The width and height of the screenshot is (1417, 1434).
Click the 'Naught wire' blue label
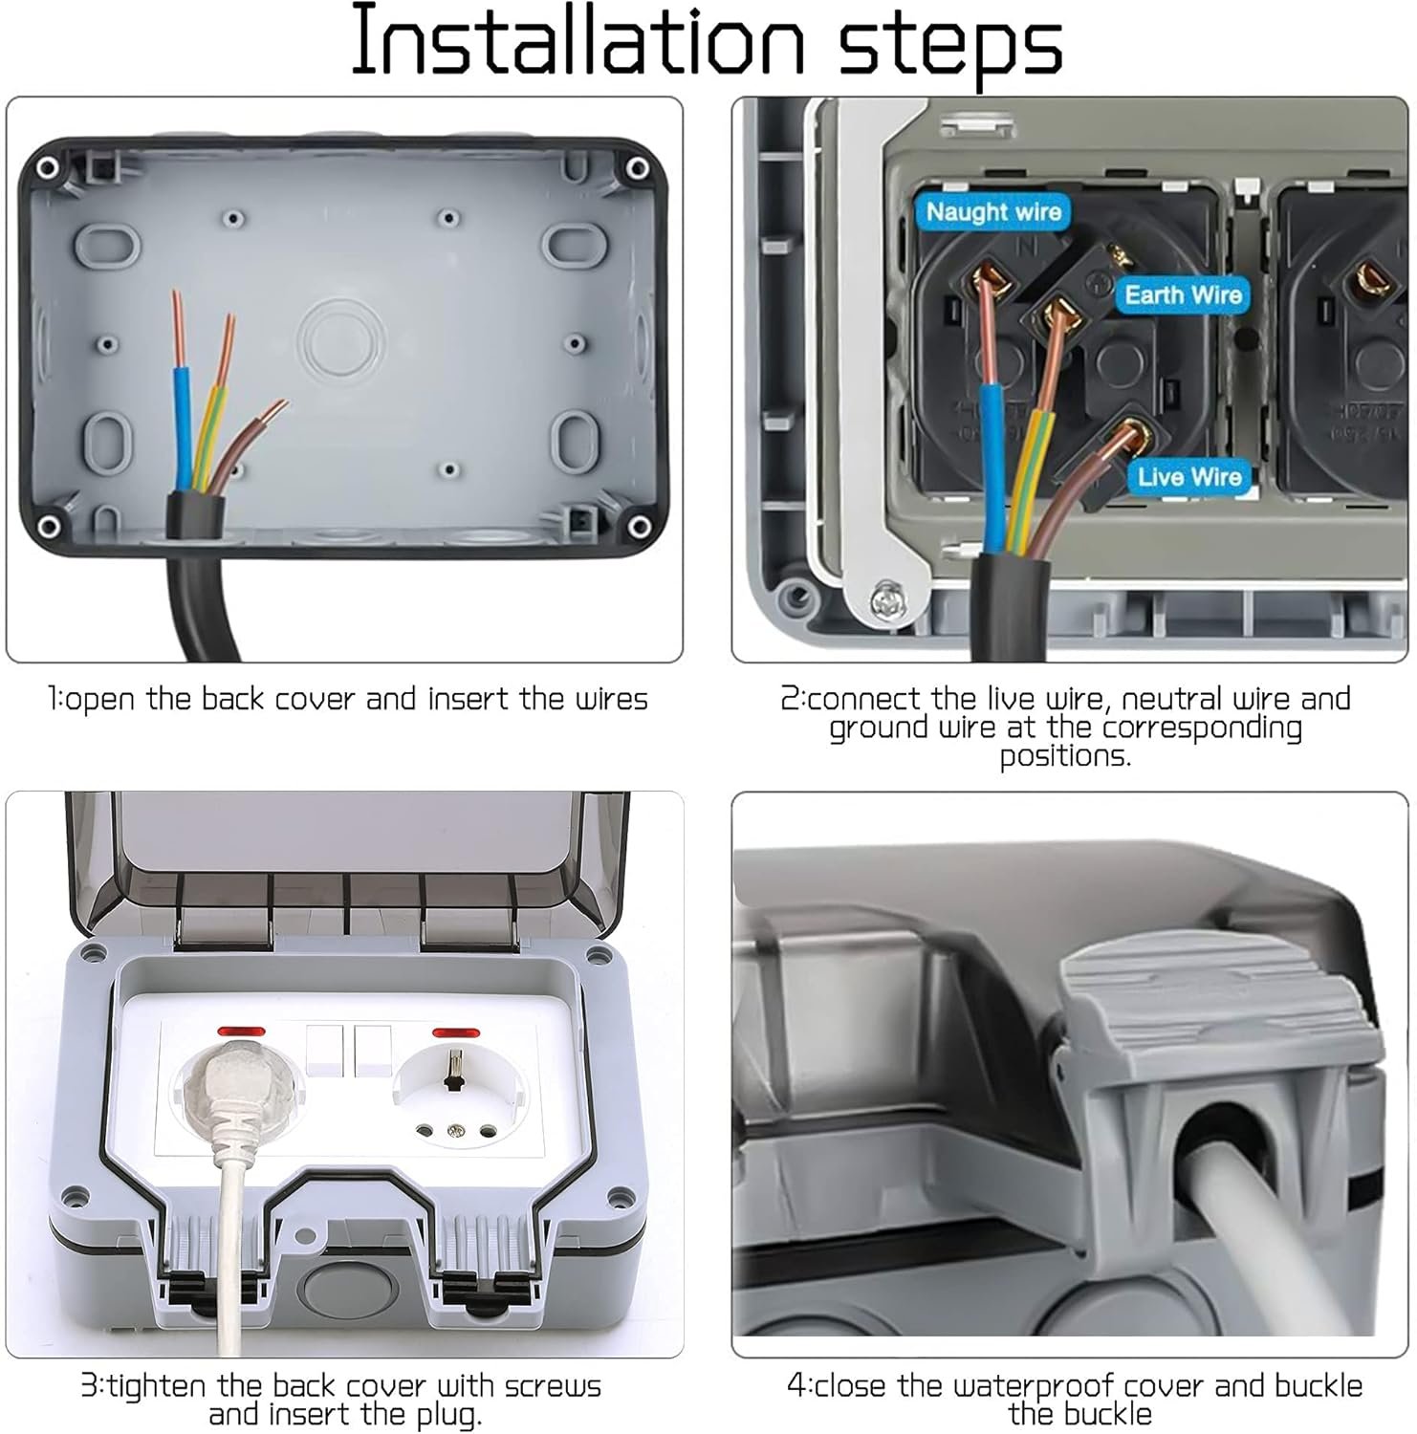click(993, 211)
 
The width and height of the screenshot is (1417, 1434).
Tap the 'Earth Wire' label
click(1183, 294)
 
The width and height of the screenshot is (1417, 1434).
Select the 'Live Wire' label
click(1188, 476)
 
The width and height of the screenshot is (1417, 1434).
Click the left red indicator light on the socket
click(241, 1032)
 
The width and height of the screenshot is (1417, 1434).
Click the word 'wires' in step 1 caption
click(611, 699)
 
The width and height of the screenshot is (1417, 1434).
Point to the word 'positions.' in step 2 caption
click(1065, 756)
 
